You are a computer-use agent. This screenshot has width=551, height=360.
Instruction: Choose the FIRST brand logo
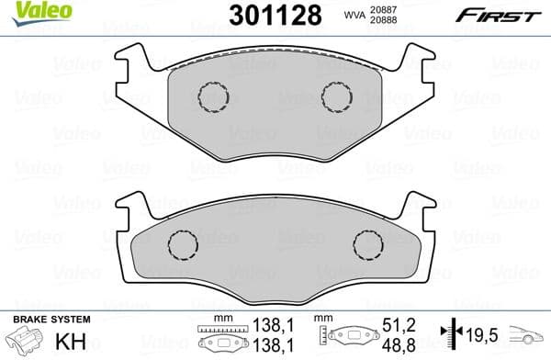501,15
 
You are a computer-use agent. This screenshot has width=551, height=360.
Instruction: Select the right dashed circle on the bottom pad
368,245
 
